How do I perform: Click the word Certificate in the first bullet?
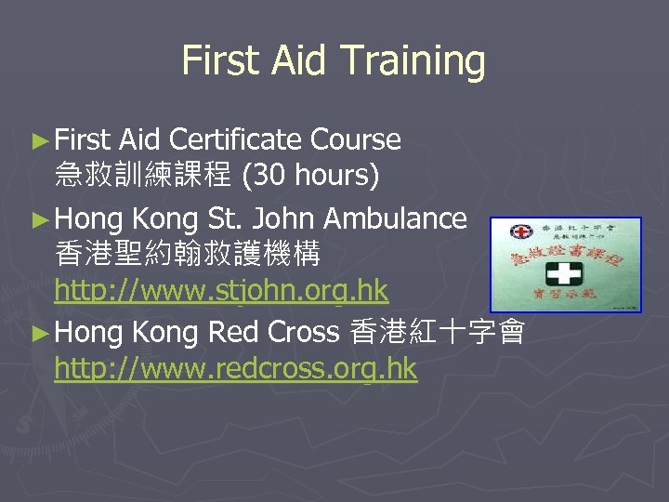click(x=239, y=140)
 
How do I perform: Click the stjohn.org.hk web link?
click(x=221, y=291)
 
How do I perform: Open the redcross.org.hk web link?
click(x=236, y=369)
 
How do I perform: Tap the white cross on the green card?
click(x=565, y=274)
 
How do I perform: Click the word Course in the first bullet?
click(x=356, y=140)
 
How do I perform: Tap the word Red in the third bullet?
click(x=234, y=331)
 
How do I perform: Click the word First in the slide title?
click(x=221, y=61)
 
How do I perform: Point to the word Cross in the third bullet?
click(x=304, y=331)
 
